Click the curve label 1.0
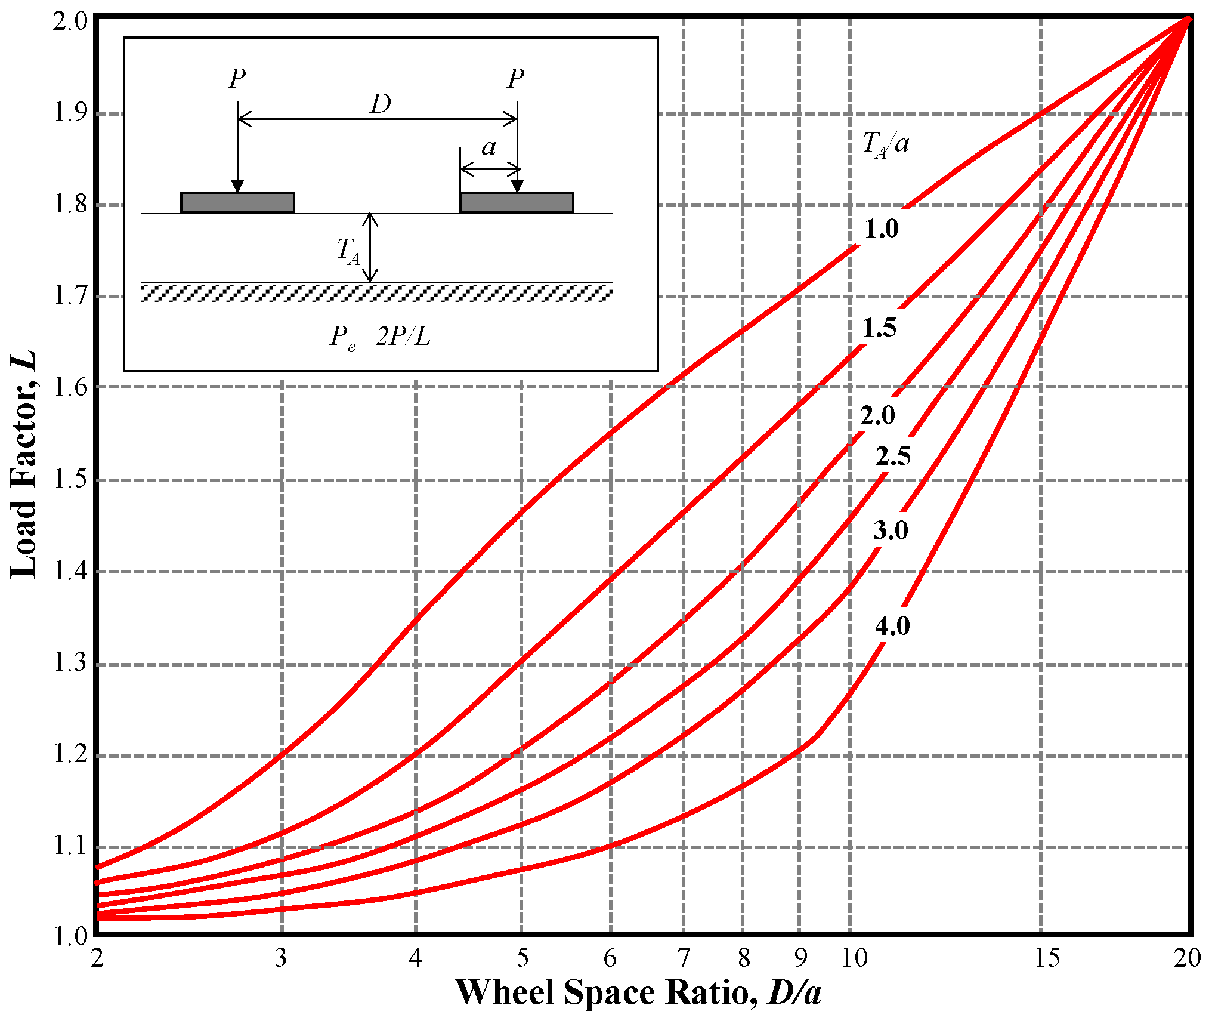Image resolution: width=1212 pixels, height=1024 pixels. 882,229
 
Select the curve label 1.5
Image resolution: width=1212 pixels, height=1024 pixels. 879,328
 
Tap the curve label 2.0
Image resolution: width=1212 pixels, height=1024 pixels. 877,415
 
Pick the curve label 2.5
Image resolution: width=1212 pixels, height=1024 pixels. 893,456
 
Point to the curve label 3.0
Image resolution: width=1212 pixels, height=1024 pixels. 891,530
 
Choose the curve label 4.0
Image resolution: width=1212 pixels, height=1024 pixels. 892,625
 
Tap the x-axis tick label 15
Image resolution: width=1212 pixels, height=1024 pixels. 1047,958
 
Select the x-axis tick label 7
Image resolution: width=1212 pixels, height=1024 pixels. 684,958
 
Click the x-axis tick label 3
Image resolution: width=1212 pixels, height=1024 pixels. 281,958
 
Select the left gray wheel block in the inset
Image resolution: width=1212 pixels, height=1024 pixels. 237,203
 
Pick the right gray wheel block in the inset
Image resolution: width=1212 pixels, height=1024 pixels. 517,203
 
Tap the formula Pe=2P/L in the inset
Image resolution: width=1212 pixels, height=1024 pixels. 381,338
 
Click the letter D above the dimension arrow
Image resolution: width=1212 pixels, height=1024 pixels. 381,104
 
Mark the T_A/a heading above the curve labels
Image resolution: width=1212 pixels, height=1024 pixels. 886,144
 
